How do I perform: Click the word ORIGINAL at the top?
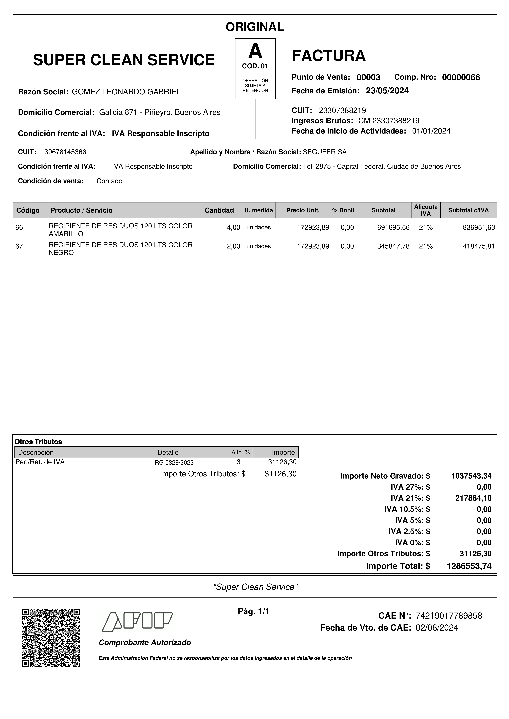click(x=255, y=27)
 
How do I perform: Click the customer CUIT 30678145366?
click(x=65, y=152)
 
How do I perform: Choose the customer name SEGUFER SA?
click(x=325, y=152)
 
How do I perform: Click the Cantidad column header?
click(x=219, y=210)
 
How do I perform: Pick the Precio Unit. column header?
click(x=303, y=210)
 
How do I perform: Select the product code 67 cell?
click(x=19, y=246)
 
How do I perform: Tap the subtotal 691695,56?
click(x=393, y=228)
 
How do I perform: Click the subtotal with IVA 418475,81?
click(x=479, y=246)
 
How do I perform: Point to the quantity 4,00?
click(x=233, y=228)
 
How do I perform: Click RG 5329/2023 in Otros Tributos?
click(x=174, y=463)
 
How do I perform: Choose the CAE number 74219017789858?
click(x=448, y=616)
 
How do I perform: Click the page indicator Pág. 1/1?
click(x=253, y=611)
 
